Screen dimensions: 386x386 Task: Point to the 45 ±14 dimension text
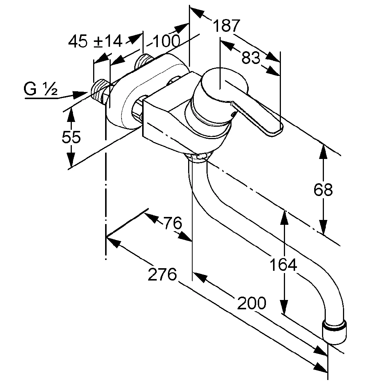96,41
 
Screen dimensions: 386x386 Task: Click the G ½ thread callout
41,89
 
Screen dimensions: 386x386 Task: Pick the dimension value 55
71,138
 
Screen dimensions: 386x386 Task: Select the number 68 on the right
323,190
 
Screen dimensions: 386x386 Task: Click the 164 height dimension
284,265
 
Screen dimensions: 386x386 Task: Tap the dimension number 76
172,223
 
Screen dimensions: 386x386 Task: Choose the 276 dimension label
162,275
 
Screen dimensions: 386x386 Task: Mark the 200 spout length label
252,303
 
